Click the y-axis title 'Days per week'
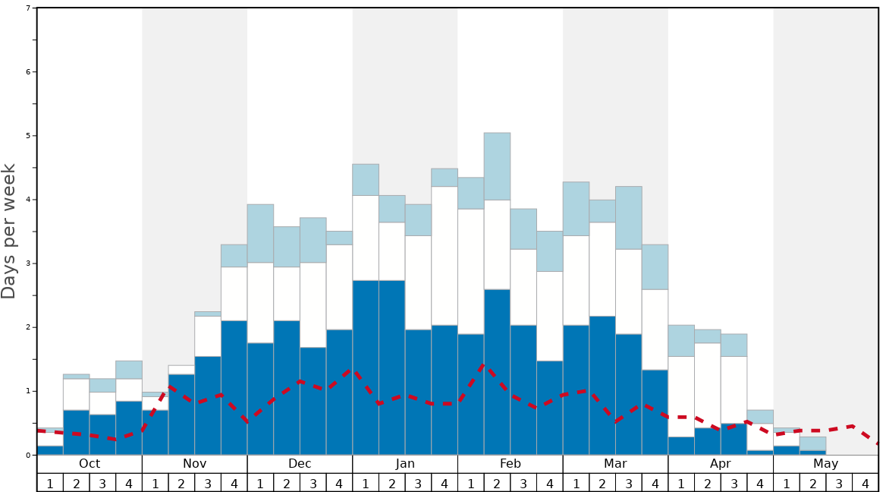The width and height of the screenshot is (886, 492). (9, 231)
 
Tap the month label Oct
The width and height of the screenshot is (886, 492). (90, 464)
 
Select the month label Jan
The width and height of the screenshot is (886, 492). (405, 464)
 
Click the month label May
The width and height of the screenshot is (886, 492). (825, 464)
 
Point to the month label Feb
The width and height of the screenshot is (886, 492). (510, 464)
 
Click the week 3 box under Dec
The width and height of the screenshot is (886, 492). (313, 483)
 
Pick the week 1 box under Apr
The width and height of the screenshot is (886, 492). (681, 483)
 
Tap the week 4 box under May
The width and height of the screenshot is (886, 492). (865, 483)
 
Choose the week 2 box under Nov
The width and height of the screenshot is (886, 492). (181, 483)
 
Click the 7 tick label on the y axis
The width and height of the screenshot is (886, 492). (28, 8)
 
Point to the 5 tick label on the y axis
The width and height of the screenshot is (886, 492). (28, 136)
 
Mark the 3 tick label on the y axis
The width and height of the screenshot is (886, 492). (28, 263)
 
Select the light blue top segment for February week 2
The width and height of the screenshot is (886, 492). (497, 166)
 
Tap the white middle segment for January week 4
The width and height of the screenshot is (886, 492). (445, 256)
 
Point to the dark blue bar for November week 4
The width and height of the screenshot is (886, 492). (234, 388)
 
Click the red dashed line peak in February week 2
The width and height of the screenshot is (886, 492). (484, 365)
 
